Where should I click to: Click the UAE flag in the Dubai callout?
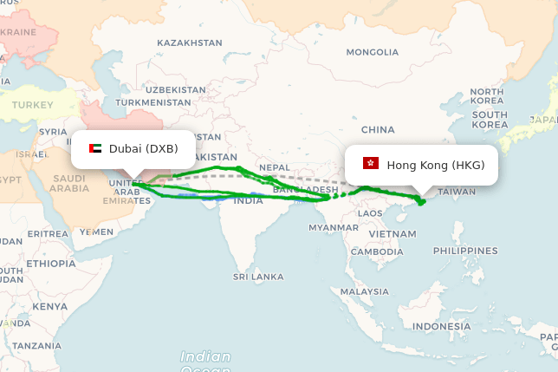pyautogui.click(x=95, y=148)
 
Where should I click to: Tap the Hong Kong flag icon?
pyautogui.click(x=371, y=164)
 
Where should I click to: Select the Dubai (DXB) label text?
pyautogui.click(x=143, y=148)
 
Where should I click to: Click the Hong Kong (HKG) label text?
pyautogui.click(x=435, y=165)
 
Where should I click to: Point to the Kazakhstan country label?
pyautogui.click(x=190, y=42)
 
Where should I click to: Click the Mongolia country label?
pyautogui.click(x=372, y=52)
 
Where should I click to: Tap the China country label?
pyautogui.click(x=378, y=129)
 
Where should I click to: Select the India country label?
pyautogui.click(x=248, y=200)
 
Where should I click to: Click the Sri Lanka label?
pyautogui.click(x=257, y=277)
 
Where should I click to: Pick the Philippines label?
pyautogui.click(x=465, y=251)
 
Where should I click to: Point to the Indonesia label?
pyautogui.click(x=440, y=326)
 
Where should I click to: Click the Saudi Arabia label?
pyautogui.click(x=69, y=183)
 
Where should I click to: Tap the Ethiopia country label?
pyautogui.click(x=50, y=263)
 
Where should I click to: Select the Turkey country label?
pyautogui.click(x=31, y=105)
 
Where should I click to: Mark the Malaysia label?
pyautogui.click(x=364, y=291)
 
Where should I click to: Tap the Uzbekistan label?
pyautogui.click(x=175, y=89)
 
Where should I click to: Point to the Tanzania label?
pyautogui.click(x=36, y=345)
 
